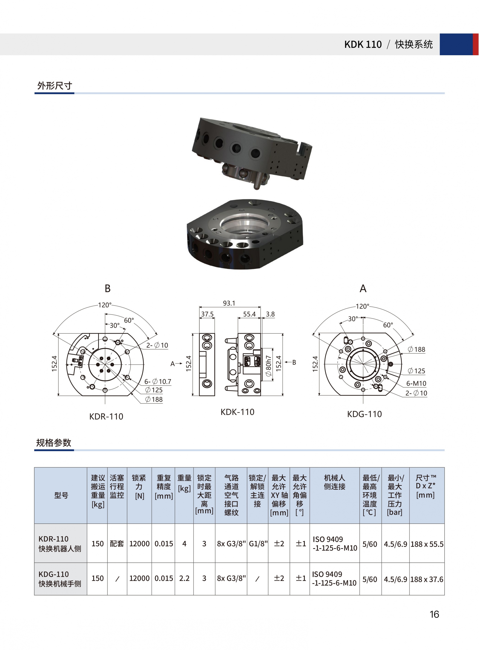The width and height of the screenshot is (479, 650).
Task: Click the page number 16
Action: pyautogui.click(x=434, y=614)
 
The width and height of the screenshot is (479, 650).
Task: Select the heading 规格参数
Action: pyautogui.click(x=54, y=443)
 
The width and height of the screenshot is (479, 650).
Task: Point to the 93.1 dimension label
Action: pyautogui.click(x=229, y=303)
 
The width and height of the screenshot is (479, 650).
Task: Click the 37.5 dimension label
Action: pyautogui.click(x=207, y=314)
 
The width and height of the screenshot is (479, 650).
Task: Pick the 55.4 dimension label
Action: pyautogui.click(x=249, y=314)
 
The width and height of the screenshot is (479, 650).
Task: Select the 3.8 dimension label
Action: pyautogui.click(x=270, y=314)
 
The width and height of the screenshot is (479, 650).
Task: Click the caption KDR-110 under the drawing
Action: pyautogui.click(x=106, y=417)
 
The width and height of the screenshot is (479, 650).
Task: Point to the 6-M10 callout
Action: pyautogui.click(x=416, y=383)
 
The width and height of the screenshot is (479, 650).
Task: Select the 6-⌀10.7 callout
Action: pyautogui.click(x=158, y=381)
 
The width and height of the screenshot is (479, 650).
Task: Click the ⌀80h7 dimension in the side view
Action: pyautogui.click(x=269, y=366)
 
